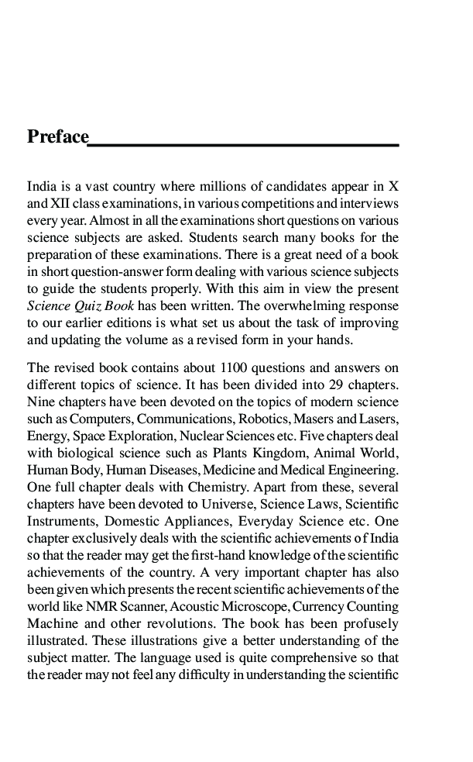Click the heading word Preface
(58, 137)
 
